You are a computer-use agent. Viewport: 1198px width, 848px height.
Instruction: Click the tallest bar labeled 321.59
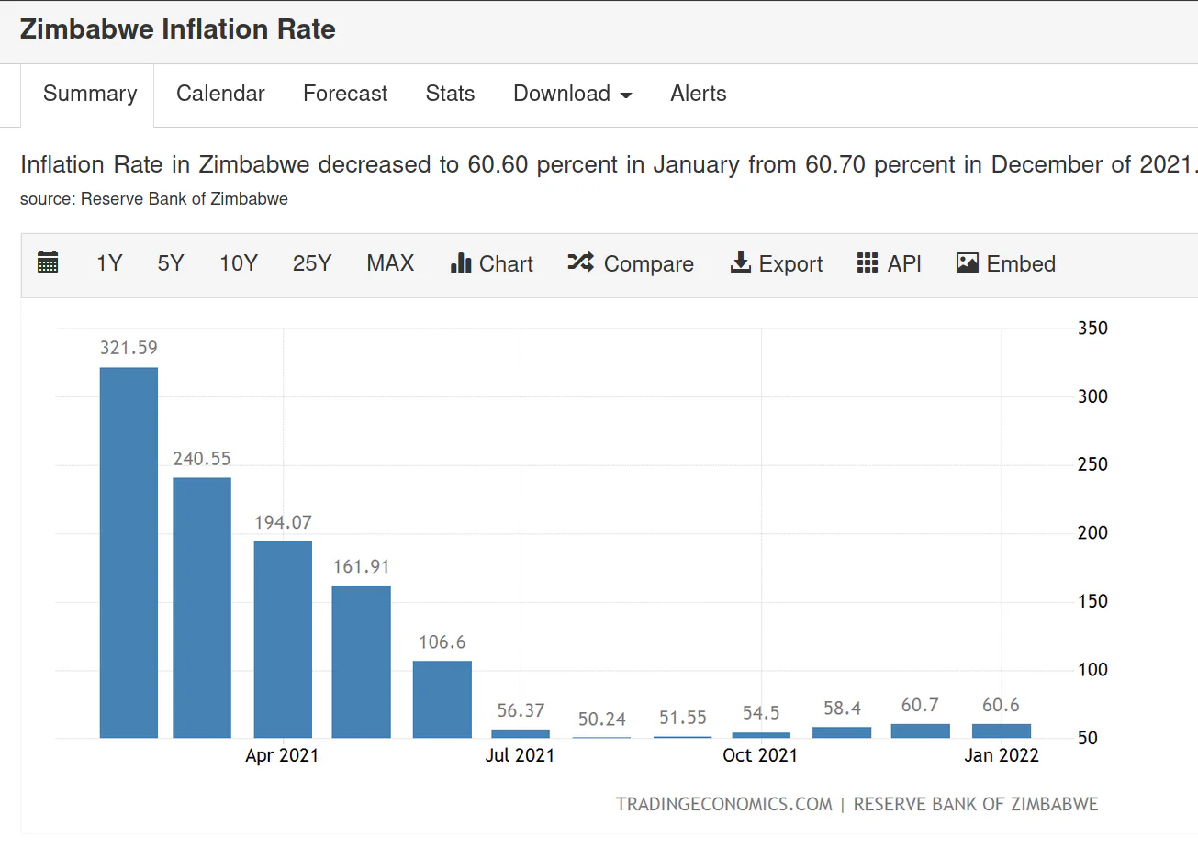129,552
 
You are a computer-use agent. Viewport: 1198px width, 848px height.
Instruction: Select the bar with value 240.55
202,608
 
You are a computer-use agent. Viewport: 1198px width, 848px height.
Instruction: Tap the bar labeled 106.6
442,700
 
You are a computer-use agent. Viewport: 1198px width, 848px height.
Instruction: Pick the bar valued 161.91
361,662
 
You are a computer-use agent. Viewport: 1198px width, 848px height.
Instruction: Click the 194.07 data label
283,522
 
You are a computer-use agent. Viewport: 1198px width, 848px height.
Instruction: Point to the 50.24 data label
601,720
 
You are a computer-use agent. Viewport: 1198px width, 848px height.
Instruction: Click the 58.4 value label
843,709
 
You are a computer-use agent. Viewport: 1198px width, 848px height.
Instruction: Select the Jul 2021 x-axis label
520,755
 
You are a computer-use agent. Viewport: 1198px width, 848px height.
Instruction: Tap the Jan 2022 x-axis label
1002,755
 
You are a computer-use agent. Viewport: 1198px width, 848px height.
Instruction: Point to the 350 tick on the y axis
1092,328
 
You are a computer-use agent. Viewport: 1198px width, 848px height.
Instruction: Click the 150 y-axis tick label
1092,601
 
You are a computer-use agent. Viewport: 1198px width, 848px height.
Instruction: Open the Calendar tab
220,94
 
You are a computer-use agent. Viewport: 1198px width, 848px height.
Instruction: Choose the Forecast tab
345,94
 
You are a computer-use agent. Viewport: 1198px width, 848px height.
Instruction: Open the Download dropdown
572,94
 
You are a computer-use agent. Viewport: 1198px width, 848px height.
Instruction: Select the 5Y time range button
171,263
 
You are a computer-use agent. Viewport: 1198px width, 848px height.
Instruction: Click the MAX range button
390,263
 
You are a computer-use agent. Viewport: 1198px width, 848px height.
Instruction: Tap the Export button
777,263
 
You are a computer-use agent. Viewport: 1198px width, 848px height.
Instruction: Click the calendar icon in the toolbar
48,262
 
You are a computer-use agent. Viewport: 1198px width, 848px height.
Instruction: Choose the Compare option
631,263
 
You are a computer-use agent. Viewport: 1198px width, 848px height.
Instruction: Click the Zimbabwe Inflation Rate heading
177,28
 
